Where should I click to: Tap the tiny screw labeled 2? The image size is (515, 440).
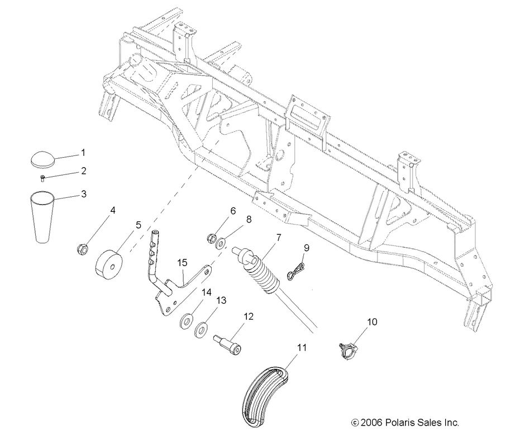tap(43, 178)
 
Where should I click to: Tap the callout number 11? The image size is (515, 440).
tap(302, 347)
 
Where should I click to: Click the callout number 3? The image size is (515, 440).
tap(83, 194)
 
